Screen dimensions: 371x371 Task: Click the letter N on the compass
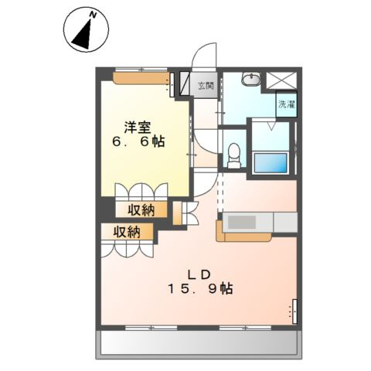pyautogui.click(x=92, y=15)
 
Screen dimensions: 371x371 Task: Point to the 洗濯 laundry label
pyautogui.click(x=286, y=104)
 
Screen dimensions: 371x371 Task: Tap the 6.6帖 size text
pyautogui.click(x=140, y=142)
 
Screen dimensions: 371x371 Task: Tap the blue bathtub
pyautogui.click(x=271, y=163)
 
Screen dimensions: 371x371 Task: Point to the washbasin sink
pyautogui.click(x=251, y=78)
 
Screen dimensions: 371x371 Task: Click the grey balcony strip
pyautogui.click(x=198, y=342)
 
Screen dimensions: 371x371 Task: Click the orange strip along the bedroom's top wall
pyautogui.click(x=140, y=77)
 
